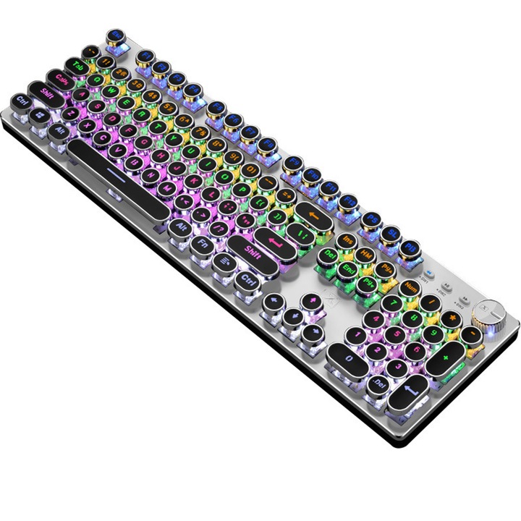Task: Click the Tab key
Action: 77,66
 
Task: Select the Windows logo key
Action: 40,114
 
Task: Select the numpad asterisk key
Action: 454,315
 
